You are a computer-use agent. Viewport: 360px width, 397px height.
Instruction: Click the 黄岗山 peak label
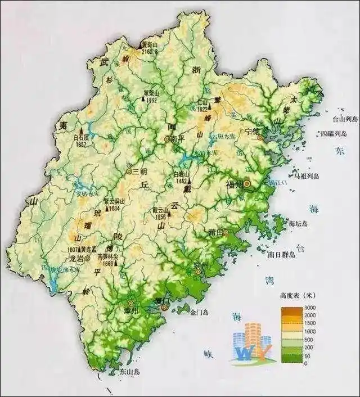point(149,44)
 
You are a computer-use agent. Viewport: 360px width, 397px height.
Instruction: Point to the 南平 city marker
point(166,138)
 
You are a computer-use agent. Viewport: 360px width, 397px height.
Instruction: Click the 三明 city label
point(139,170)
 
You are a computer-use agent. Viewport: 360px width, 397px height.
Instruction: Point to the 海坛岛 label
point(298,224)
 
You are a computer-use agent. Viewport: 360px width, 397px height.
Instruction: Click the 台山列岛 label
point(345,119)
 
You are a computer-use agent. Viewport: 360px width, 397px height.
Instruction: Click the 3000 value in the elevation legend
point(309,307)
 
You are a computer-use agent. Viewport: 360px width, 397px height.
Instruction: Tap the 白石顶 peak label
point(81,137)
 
